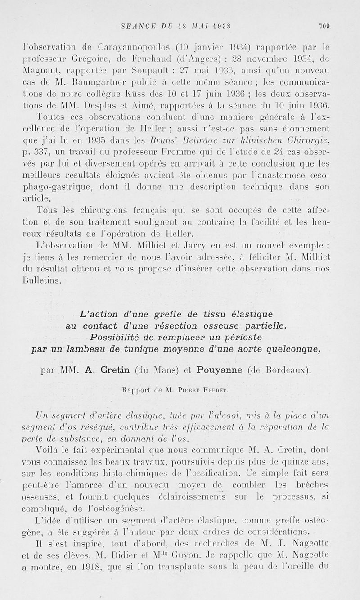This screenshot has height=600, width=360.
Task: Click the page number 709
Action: click(324, 26)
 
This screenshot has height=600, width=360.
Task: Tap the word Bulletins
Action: click(41, 280)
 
